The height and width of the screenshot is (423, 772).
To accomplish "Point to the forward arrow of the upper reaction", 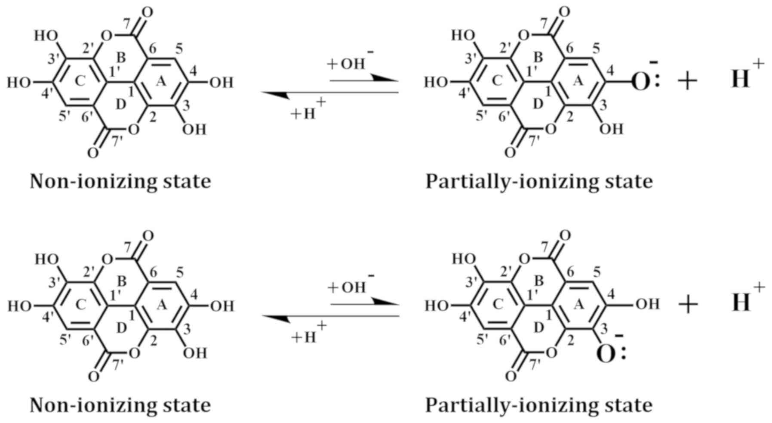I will pos(363,80).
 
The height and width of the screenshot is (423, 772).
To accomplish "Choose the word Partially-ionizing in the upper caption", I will pos(501,182).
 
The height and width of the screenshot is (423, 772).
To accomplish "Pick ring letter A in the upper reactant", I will pos(161,81).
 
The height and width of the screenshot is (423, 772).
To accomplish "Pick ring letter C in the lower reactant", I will pos(81,305).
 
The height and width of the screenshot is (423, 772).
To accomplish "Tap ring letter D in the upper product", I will pos(538,104).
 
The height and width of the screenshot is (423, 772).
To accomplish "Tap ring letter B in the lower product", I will pos(538,281).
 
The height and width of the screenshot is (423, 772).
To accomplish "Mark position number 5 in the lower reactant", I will pos(180,272).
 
